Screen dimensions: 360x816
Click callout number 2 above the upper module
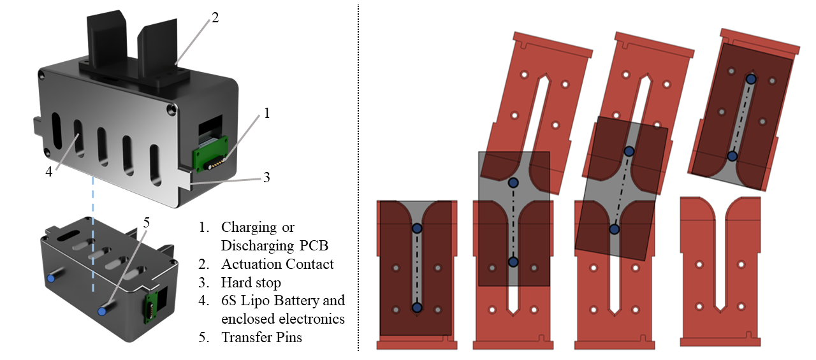point(215,18)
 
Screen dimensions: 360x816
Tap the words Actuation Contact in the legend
point(277,263)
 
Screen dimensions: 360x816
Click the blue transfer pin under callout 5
point(102,312)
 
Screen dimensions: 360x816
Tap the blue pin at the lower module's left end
point(51,279)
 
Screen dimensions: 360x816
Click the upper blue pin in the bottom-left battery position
point(417,228)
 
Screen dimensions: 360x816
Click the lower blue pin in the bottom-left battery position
point(417,308)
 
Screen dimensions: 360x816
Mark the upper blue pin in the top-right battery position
point(751,79)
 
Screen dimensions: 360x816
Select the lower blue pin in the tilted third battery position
point(614,229)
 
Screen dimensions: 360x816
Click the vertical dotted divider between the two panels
point(358,178)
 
